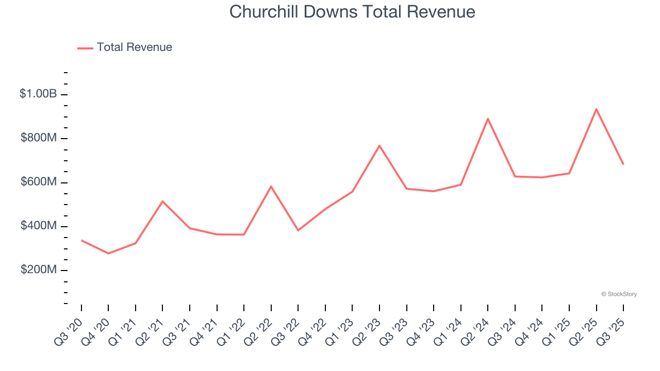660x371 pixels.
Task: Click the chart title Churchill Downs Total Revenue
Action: pyautogui.click(x=352, y=12)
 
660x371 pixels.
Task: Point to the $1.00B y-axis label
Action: pyautogui.click(x=38, y=94)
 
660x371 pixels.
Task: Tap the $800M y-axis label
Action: pyautogui.click(x=39, y=138)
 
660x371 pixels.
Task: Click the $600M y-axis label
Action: pyautogui.click(x=39, y=182)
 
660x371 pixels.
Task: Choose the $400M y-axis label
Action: pyautogui.click(x=39, y=226)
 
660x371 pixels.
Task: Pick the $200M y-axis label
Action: pyautogui.click(x=39, y=269)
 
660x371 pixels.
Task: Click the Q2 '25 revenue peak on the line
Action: pyautogui.click(x=596, y=109)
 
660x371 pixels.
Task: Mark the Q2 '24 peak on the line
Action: pyautogui.click(x=488, y=119)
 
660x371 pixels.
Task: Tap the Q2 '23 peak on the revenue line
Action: pyautogui.click(x=379, y=146)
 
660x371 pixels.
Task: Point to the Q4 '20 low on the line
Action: pyautogui.click(x=108, y=254)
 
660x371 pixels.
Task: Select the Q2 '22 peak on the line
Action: pyautogui.click(x=271, y=186)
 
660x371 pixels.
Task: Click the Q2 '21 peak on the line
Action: pyautogui.click(x=162, y=201)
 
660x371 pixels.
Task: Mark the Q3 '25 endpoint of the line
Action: pyautogui.click(x=623, y=164)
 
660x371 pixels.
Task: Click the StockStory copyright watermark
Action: pyautogui.click(x=619, y=294)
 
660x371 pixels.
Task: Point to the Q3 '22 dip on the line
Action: pyautogui.click(x=298, y=230)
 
